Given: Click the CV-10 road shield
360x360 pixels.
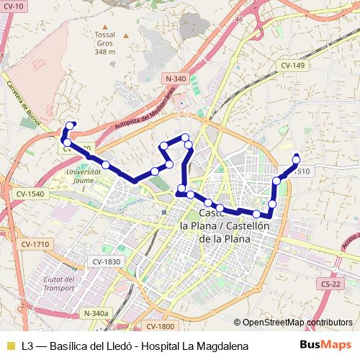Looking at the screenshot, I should tap(13, 6).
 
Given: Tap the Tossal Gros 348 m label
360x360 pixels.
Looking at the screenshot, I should tap(105, 43).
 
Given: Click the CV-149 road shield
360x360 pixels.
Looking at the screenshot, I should tap(294, 66).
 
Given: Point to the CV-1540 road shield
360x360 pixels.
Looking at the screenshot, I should tap(30, 194).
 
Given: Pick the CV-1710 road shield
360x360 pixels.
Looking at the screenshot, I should tap(34, 245).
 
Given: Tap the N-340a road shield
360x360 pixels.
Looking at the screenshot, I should tap(96, 313).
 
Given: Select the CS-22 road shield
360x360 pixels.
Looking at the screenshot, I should tap(332, 284).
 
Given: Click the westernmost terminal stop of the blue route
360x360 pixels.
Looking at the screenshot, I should tap(71, 125).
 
